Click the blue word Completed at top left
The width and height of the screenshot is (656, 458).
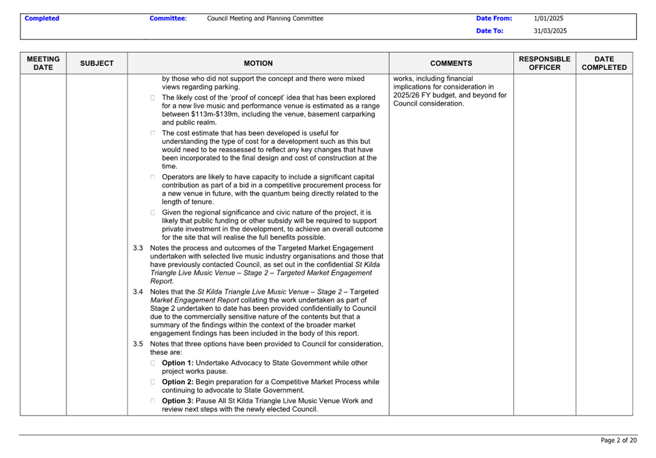[x=42, y=18]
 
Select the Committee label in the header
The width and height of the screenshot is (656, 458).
[x=168, y=18]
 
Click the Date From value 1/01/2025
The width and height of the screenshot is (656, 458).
[x=548, y=18]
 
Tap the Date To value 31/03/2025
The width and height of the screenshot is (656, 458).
[x=550, y=31]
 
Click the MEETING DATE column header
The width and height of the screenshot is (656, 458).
[x=43, y=63]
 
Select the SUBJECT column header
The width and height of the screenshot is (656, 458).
[x=97, y=63]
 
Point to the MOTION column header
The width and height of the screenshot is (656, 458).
[x=258, y=63]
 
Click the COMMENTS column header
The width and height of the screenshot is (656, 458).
[x=451, y=63]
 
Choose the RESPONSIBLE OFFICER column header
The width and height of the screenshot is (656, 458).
[x=544, y=63]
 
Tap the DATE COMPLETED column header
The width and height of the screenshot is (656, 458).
[x=604, y=63]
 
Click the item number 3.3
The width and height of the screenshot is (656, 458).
[x=138, y=248]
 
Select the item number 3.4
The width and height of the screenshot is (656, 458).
[x=138, y=292]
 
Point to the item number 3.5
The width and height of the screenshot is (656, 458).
[x=138, y=344]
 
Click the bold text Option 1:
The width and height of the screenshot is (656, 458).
[x=178, y=363]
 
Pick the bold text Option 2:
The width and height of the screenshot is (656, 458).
[x=178, y=382]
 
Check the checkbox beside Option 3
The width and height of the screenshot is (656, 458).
[x=153, y=401]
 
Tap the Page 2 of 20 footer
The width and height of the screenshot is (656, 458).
[x=619, y=440]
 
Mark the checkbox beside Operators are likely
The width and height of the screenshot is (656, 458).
[x=153, y=177]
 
